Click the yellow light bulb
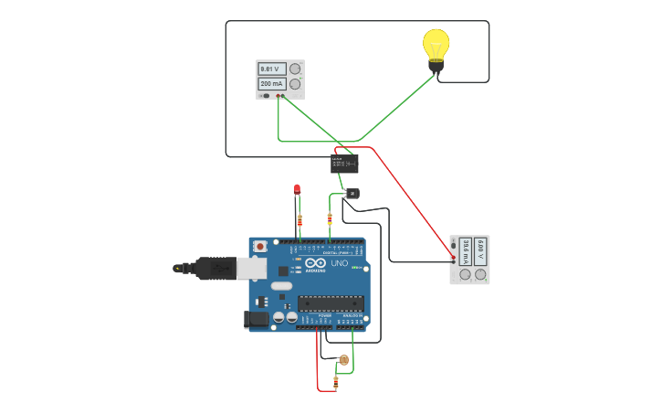point(436,46)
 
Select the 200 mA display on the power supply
point(272,83)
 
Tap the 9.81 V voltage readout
point(272,69)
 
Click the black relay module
point(344,164)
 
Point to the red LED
point(297,188)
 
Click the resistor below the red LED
point(299,219)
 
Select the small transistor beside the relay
point(352,193)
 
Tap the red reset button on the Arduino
point(260,246)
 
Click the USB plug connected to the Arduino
point(215,268)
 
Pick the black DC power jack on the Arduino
point(255,320)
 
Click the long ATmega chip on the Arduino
point(331,303)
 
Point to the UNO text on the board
point(339,264)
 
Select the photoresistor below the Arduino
point(343,359)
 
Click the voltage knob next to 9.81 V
point(295,69)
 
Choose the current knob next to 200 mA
point(295,83)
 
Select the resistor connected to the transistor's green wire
point(330,218)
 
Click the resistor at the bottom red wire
point(335,381)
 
